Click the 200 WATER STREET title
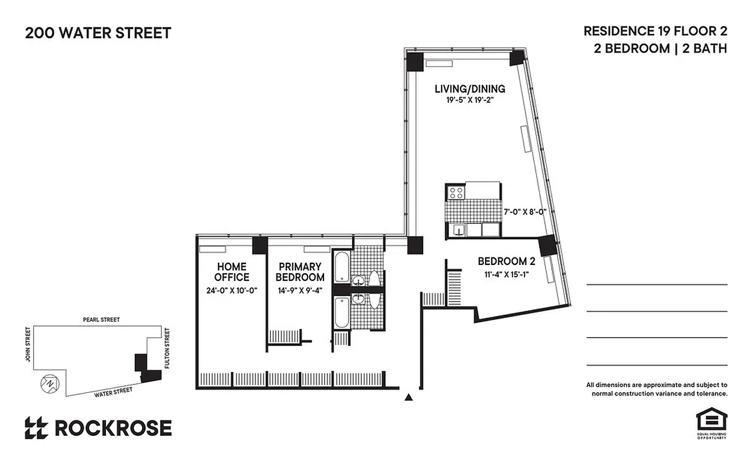[x=98, y=33]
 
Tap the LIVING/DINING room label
[x=470, y=89]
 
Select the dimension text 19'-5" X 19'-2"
[x=470, y=100]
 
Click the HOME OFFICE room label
[x=232, y=272]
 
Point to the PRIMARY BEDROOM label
[x=300, y=272]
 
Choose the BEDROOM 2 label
[x=506, y=262]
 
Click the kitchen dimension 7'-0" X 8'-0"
[x=525, y=211]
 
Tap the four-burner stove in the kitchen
[x=456, y=193]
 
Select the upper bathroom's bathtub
[x=341, y=267]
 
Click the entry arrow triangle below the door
[x=409, y=397]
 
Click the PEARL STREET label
[x=100, y=320]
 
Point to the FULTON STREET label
[x=167, y=348]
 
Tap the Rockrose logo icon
[x=36, y=428]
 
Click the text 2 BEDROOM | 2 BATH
[x=660, y=49]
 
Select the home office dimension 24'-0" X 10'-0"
[x=232, y=290]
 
